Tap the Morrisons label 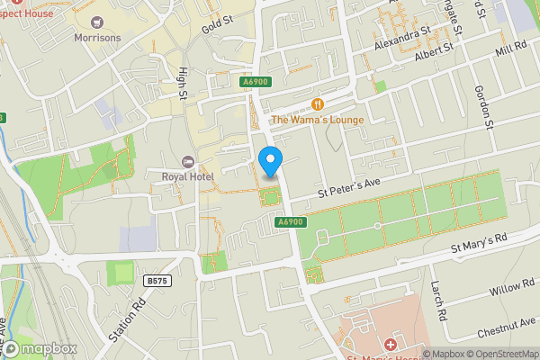point(97,37)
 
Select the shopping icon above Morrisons point(97,20)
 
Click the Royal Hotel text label point(187,176)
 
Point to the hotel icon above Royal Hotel point(187,161)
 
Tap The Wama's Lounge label point(317,120)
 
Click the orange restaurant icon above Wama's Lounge point(317,104)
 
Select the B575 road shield point(157,281)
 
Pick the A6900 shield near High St point(255,82)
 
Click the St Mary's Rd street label point(478,240)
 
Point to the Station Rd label point(126,319)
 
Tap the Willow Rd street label point(511,289)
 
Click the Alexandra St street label point(403,39)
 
